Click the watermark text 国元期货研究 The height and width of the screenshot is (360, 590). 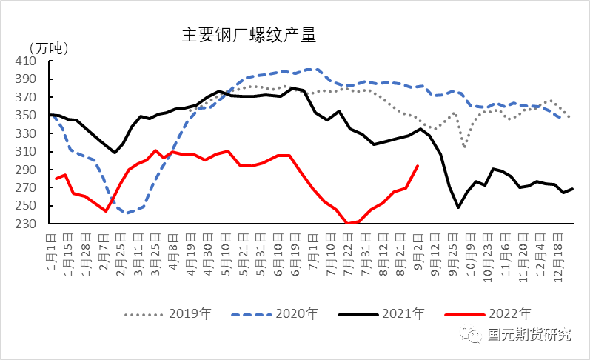coord(530,336)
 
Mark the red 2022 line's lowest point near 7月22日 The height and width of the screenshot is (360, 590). coord(348,223)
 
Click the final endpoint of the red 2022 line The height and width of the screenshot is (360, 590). coord(418,166)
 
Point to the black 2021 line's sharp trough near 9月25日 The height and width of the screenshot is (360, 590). coord(458,207)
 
